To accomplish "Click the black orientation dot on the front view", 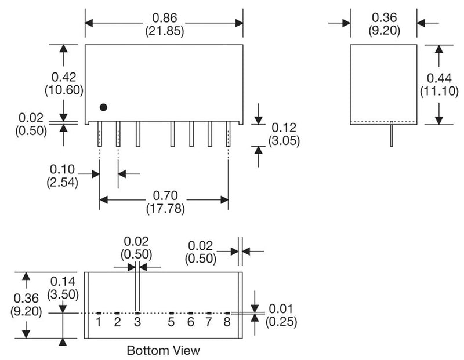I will pyautogui.click(x=103, y=107).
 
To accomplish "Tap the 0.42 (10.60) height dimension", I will pyautogui.click(x=64, y=83).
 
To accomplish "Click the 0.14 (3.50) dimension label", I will pyautogui.click(x=64, y=288).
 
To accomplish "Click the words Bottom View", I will pyautogui.click(x=163, y=350).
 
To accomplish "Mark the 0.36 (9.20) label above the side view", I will pyautogui.click(x=384, y=24).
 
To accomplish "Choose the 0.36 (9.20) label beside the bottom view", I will pyautogui.click(x=26, y=304).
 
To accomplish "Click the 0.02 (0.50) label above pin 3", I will pyautogui.click(x=136, y=248).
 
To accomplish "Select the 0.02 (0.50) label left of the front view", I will pyautogui.click(x=30, y=122).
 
